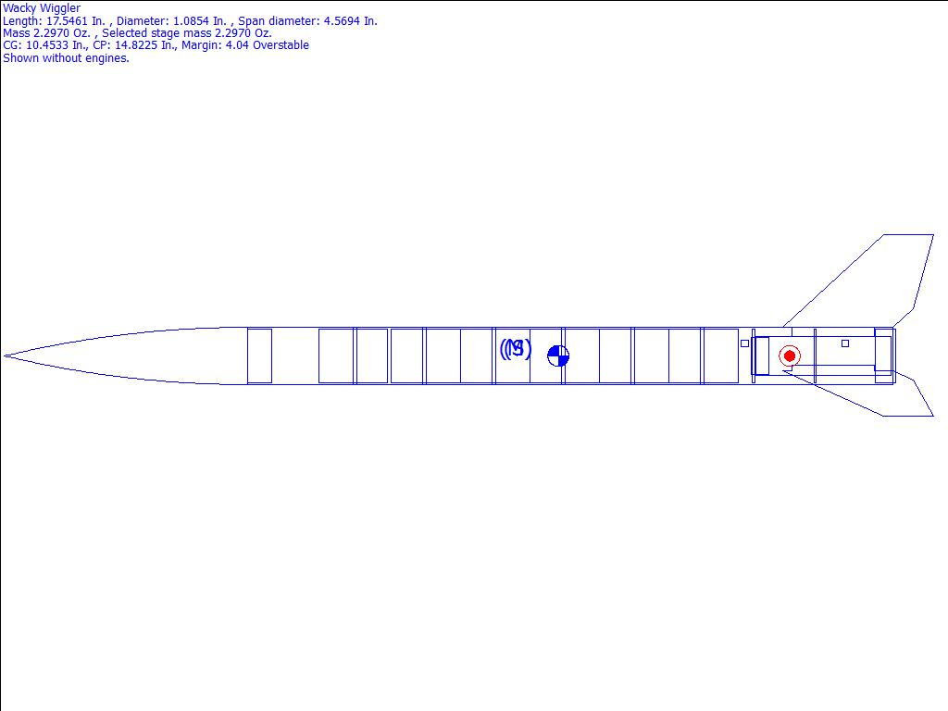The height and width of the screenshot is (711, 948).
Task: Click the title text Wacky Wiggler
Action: coord(42,8)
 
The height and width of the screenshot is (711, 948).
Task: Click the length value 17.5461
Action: coord(67,21)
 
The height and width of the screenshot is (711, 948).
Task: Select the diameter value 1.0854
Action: coord(191,21)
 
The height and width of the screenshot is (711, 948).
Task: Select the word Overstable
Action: coord(281,45)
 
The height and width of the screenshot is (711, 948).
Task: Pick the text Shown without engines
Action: coord(66,58)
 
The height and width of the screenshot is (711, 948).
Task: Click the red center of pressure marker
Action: coord(789,356)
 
